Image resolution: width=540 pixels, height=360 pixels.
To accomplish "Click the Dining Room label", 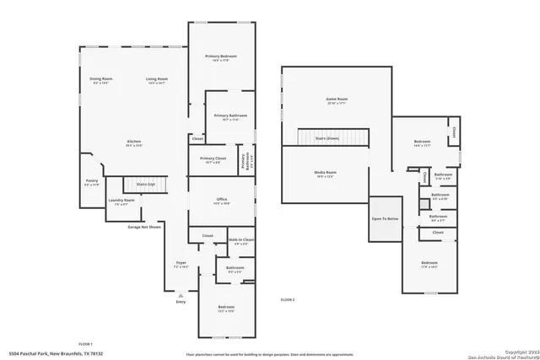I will pyautogui.click(x=100, y=80).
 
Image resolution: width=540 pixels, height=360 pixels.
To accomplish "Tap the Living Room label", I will pyautogui.click(x=158, y=80).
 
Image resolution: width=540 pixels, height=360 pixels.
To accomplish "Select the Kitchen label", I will pyautogui.click(x=134, y=142).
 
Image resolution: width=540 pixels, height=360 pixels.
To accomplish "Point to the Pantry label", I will pyautogui.click(x=91, y=181).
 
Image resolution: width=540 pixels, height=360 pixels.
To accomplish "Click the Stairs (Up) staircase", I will pyautogui.click(x=146, y=185).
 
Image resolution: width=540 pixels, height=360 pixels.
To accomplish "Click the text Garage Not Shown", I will pyautogui.click(x=143, y=227).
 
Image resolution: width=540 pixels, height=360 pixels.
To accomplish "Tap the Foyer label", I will pyautogui.click(x=181, y=263).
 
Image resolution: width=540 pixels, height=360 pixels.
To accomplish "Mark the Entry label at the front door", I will pyautogui.click(x=180, y=301).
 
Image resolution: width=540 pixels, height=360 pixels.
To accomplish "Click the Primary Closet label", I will pyautogui.click(x=213, y=159).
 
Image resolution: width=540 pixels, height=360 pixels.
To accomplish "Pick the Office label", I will pyautogui.click(x=221, y=201).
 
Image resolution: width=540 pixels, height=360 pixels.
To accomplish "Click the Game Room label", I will pyautogui.click(x=337, y=100).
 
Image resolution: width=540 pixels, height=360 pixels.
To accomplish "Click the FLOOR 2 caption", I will pyautogui.click(x=288, y=300).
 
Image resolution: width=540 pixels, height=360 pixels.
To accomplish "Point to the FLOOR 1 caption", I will pyautogui.click(x=85, y=345).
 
